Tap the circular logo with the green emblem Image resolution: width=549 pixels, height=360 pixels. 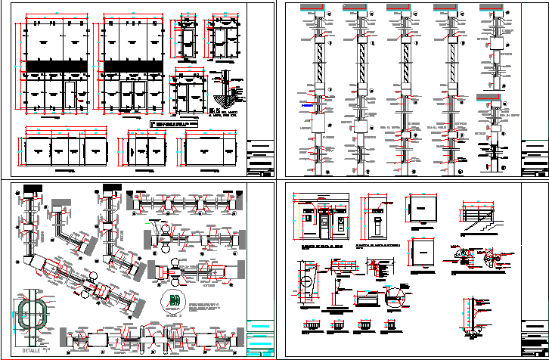pyautogui.click(x=175, y=299)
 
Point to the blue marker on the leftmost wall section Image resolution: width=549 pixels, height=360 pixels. pyautogui.click(x=306, y=107)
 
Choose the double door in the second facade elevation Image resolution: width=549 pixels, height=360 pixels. pyautogui.click(x=133, y=98)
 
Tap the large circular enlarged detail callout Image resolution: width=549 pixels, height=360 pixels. pyautogui.click(x=393, y=296)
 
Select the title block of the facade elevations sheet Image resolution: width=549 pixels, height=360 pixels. pyautogui.click(x=261, y=159)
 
